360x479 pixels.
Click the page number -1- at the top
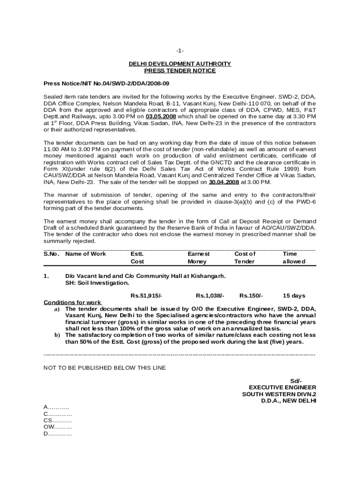pos(180,51)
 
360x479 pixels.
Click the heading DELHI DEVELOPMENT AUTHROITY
pos(180,64)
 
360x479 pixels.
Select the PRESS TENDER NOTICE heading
pos(180,71)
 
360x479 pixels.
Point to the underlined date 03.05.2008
pos(161,116)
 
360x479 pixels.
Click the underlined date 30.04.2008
pos(223,182)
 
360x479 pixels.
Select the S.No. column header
pos(52,254)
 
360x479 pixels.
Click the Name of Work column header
pos(86,254)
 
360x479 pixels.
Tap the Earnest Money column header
pos(198,258)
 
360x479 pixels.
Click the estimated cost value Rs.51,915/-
pos(146,296)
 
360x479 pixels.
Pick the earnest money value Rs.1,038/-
pos(210,296)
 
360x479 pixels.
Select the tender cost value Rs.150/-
pos(251,296)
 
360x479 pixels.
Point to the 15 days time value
pos(294,296)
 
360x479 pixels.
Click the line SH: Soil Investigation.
pos(97,283)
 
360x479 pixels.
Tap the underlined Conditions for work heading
pos(72,302)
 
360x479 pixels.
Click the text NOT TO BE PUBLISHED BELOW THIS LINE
pos(104,368)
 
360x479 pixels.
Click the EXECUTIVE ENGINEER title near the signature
pos(282,387)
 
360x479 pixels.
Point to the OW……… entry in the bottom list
pos(58,427)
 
